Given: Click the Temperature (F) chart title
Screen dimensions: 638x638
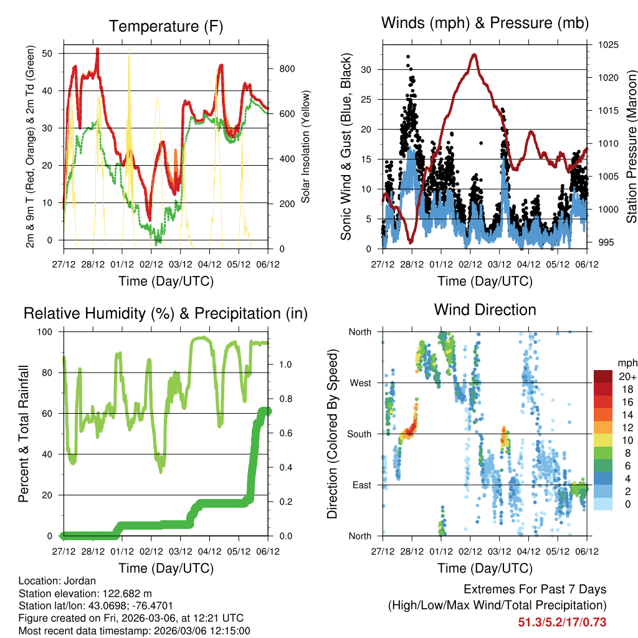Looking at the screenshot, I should coord(166,26).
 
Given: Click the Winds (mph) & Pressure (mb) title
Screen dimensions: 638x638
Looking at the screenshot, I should coord(485,23).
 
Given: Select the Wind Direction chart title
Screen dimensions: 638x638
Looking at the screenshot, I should coord(485,309).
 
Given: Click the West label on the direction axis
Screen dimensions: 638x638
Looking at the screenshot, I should coord(360,383).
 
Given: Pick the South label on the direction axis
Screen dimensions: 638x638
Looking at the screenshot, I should coord(359,434).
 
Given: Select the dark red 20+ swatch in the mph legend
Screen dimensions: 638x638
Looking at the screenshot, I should coord(603,376).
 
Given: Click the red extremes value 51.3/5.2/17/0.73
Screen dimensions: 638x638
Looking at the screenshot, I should coord(562,622).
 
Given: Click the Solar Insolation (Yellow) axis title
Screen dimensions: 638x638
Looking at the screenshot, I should coord(306,147).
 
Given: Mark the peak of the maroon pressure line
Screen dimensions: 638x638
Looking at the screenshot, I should coord(475,54).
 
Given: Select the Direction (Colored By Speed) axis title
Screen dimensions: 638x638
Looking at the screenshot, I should coord(332,434).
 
